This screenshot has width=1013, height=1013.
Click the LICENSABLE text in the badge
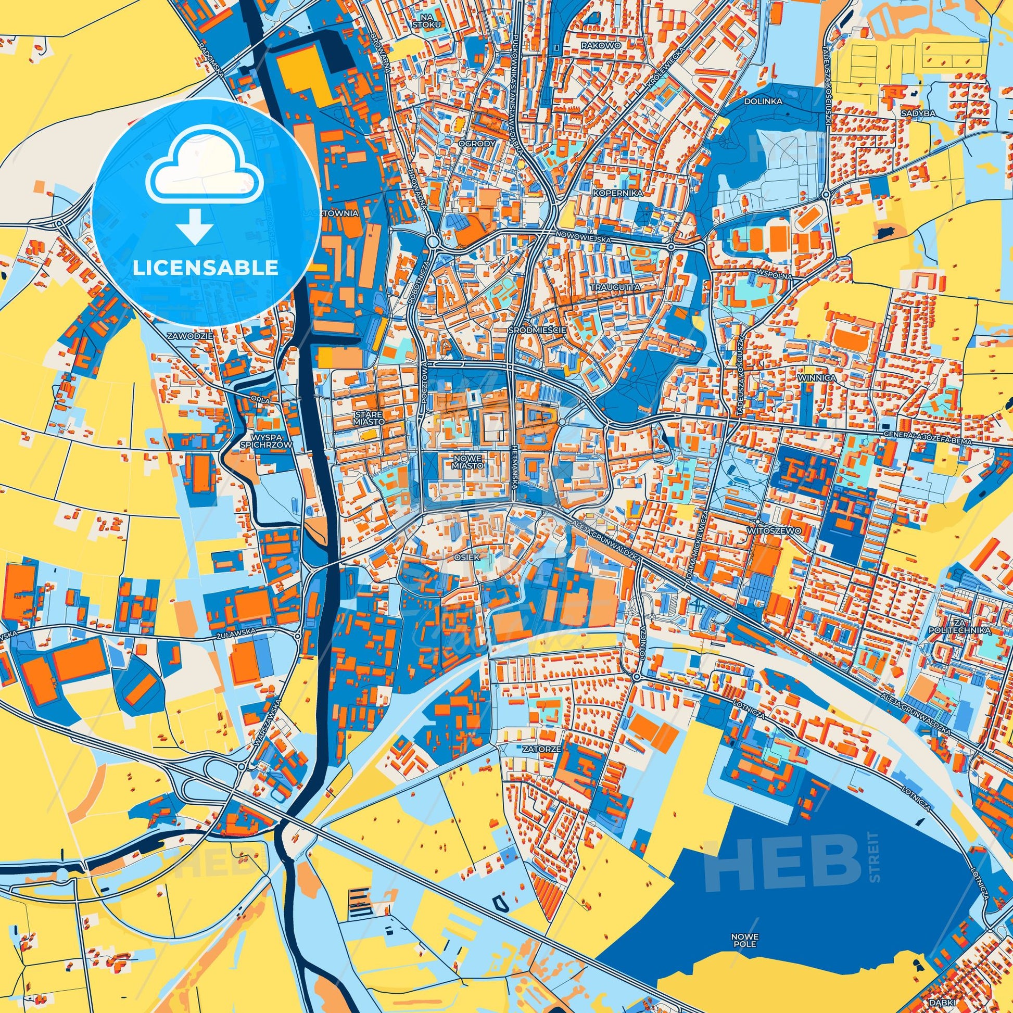205,268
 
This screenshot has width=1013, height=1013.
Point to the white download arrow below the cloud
195,225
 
